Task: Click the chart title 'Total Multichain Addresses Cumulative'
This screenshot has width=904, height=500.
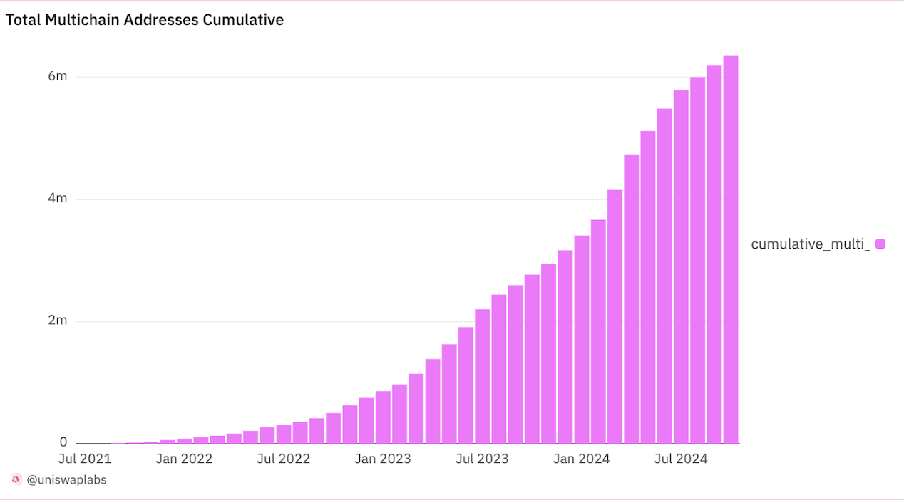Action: point(145,20)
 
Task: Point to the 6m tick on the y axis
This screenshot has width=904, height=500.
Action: point(57,76)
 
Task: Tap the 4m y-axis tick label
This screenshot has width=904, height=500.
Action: point(57,198)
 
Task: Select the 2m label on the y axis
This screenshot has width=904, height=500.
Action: point(57,321)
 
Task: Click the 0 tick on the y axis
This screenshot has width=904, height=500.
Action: point(63,442)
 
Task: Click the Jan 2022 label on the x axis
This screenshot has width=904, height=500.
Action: point(184,459)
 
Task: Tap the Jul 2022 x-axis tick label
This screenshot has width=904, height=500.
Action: point(284,459)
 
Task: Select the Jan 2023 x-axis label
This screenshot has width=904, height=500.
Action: point(383,459)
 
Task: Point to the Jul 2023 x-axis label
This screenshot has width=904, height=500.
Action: point(483,459)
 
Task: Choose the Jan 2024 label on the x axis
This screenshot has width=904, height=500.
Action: point(582,459)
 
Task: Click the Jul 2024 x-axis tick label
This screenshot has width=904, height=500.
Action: point(681,459)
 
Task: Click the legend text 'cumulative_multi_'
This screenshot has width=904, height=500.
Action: point(811,244)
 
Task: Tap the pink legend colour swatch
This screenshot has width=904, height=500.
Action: point(880,244)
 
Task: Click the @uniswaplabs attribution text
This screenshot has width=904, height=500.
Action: point(66,480)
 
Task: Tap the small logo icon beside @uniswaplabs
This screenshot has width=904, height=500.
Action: point(16,479)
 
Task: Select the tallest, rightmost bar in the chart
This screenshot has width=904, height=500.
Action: point(731,249)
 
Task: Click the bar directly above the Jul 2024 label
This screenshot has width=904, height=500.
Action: point(681,267)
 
